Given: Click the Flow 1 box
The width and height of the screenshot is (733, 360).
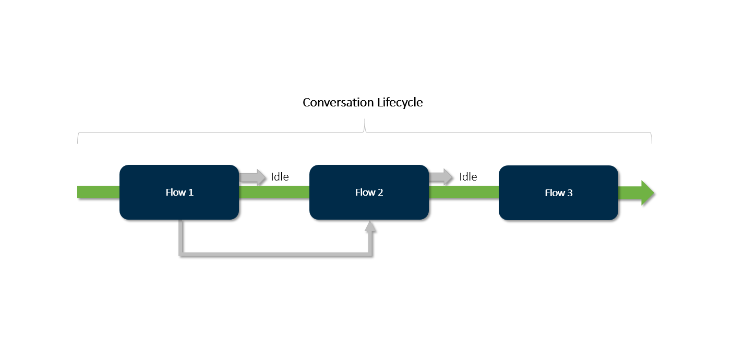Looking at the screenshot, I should [x=179, y=192].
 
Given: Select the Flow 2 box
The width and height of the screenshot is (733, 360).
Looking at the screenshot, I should [x=369, y=192].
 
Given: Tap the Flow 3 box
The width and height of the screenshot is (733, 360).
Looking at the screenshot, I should [x=558, y=193].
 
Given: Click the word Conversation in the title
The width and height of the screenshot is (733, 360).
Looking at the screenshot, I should [x=338, y=102].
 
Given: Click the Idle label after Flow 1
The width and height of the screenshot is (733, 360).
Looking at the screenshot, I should [x=280, y=177].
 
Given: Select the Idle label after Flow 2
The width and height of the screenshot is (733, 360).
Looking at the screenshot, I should [x=468, y=177].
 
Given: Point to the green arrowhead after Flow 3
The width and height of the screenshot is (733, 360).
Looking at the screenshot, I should [x=647, y=193].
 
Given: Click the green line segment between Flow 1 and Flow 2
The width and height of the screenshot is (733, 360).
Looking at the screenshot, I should [x=274, y=192].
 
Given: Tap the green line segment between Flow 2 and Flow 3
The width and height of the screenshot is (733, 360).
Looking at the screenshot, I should [x=463, y=192].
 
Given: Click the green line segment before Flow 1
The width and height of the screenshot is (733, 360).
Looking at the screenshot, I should [x=98, y=192].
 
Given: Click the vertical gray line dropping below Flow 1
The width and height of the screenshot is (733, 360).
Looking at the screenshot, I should [x=181, y=237].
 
